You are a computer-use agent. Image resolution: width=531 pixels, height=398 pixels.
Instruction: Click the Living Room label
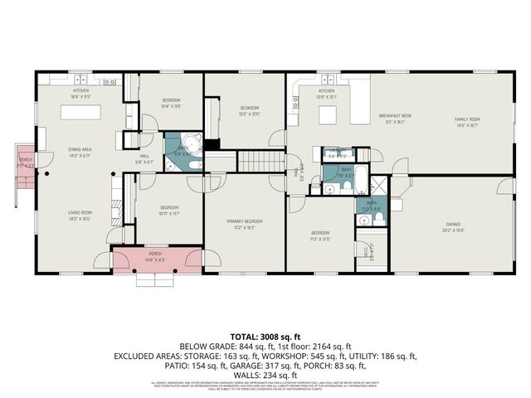point(80,214)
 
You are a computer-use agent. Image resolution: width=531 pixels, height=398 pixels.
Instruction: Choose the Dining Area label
point(80,152)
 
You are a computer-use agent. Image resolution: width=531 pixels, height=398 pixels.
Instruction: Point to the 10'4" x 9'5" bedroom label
point(170,103)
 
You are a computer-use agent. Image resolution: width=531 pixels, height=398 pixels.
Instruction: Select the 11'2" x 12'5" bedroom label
point(320,235)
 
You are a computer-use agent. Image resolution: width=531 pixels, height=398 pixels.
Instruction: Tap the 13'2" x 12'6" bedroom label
point(250,110)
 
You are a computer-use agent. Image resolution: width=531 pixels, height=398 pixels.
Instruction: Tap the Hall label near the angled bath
point(144,158)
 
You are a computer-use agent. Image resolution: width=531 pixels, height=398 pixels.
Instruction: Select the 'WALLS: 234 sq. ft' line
point(265,372)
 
